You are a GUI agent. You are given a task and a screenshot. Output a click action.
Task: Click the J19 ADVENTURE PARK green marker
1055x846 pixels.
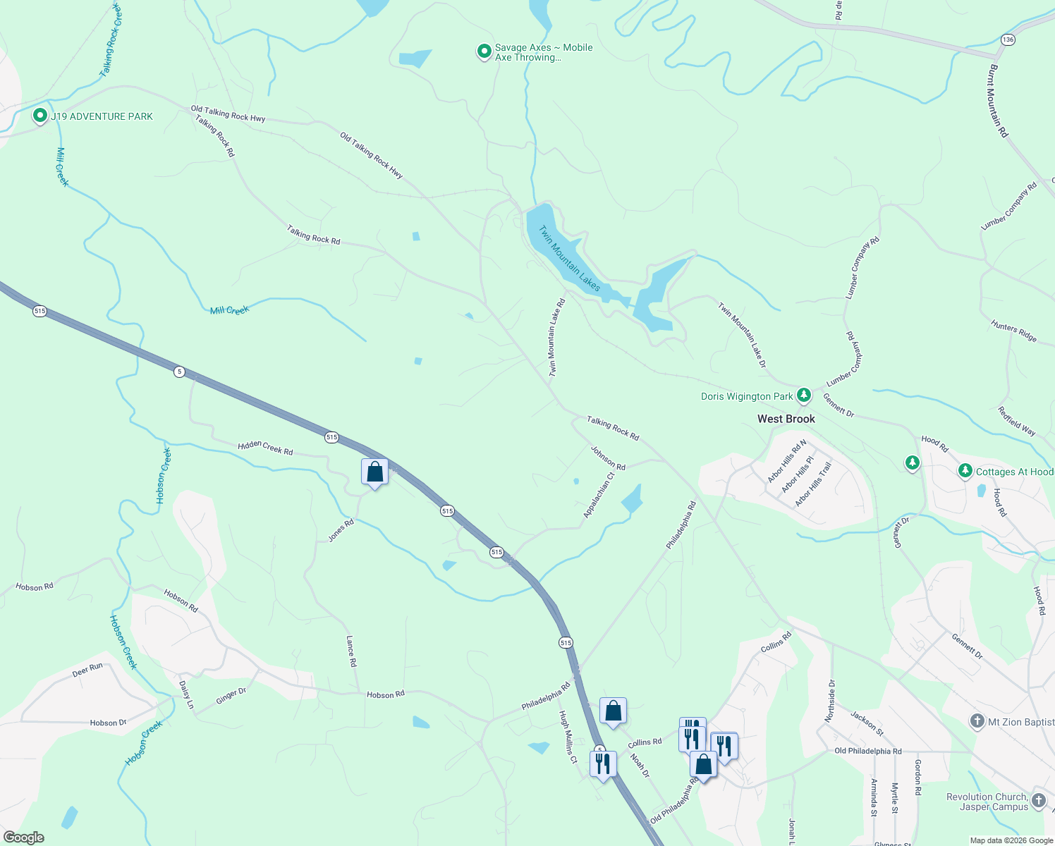(x=40, y=116)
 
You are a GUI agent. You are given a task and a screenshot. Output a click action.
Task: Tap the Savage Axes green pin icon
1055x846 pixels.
(x=484, y=51)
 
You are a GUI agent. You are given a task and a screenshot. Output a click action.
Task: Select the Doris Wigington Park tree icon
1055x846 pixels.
(x=803, y=394)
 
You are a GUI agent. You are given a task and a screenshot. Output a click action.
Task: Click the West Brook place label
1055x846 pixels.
(x=786, y=419)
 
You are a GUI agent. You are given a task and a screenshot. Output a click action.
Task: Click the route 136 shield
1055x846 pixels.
(x=1008, y=39)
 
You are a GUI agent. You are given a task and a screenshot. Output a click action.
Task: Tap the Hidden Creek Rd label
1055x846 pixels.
(x=265, y=447)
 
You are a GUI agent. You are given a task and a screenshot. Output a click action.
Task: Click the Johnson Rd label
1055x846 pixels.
(x=608, y=458)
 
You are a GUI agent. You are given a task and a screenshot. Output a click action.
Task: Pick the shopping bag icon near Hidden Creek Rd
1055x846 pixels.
(x=374, y=472)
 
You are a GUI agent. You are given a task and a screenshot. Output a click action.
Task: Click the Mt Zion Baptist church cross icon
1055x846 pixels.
(x=977, y=721)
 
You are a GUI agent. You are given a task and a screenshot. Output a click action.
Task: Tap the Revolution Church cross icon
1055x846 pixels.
(x=1038, y=800)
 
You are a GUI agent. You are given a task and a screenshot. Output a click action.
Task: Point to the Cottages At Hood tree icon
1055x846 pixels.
(x=965, y=470)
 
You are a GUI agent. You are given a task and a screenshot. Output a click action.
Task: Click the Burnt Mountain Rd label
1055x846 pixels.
(x=998, y=101)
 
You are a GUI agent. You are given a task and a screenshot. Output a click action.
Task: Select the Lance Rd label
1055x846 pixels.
(x=351, y=651)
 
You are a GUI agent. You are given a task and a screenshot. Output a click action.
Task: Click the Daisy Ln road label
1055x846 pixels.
(x=185, y=694)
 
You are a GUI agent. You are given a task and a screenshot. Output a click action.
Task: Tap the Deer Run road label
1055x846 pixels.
(x=87, y=670)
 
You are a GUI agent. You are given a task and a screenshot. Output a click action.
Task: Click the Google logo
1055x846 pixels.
(x=24, y=838)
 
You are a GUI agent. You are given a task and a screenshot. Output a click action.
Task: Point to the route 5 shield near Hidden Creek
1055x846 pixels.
(x=180, y=372)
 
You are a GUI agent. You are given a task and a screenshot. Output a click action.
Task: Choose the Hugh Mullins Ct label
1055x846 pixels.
(x=568, y=737)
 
